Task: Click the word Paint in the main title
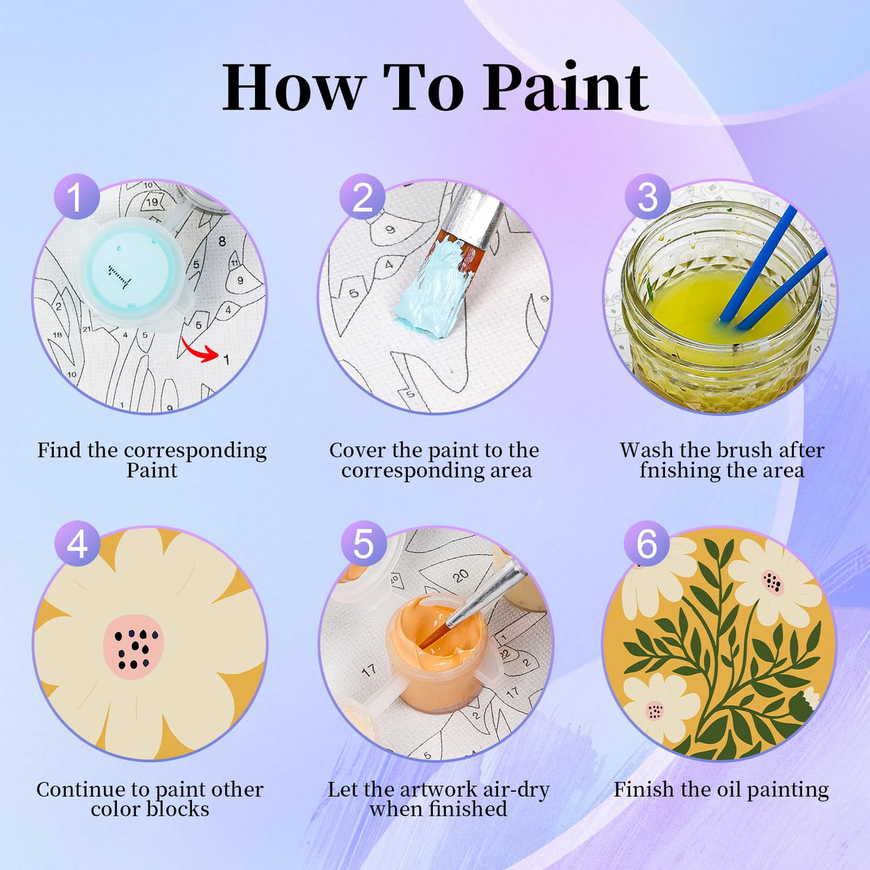click(x=566, y=87)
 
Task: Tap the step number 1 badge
click(x=76, y=196)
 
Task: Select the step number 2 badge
click(x=362, y=196)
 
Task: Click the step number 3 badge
click(x=647, y=196)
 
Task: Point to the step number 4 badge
click(x=77, y=543)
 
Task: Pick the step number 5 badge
click(x=363, y=543)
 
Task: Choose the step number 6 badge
click(x=646, y=543)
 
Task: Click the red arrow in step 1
click(x=200, y=350)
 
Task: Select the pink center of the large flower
click(x=133, y=646)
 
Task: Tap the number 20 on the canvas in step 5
click(x=461, y=575)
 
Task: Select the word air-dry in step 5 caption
click(x=516, y=790)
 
